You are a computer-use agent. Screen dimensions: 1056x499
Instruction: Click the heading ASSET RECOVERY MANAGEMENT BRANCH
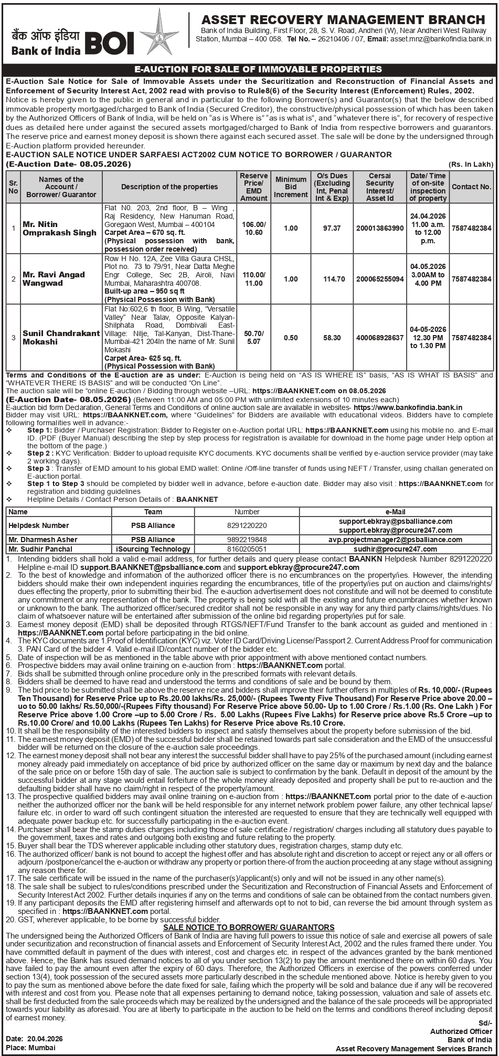pos(343,19)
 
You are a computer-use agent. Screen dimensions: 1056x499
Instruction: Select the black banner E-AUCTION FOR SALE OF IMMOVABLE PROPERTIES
pos(249,69)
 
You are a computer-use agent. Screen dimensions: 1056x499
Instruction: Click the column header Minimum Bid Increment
pos(291,187)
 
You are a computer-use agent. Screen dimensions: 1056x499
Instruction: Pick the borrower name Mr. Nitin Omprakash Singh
pos(59,228)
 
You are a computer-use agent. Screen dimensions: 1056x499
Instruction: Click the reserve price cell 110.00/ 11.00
pos(254,279)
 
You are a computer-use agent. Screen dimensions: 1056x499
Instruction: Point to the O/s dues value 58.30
pos(332,338)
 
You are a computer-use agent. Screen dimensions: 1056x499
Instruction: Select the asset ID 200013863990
pos(380,228)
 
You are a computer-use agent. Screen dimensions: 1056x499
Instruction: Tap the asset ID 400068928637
pos(380,338)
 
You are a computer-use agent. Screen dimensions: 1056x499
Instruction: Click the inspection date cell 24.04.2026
pos(428,215)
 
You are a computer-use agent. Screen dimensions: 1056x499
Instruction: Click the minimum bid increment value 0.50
pos(291,338)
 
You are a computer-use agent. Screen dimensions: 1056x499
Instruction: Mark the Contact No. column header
pos(471,186)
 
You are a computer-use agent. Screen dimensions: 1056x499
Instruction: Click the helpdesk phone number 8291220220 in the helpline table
pos(247,525)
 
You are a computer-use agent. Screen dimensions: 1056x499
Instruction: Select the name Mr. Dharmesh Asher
pos(43,540)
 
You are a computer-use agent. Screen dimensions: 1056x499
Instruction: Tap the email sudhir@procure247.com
pos(396,549)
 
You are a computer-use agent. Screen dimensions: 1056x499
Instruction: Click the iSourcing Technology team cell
pos(153,549)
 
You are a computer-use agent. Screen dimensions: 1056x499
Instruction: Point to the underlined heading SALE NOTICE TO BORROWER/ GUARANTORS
pos(249,927)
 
